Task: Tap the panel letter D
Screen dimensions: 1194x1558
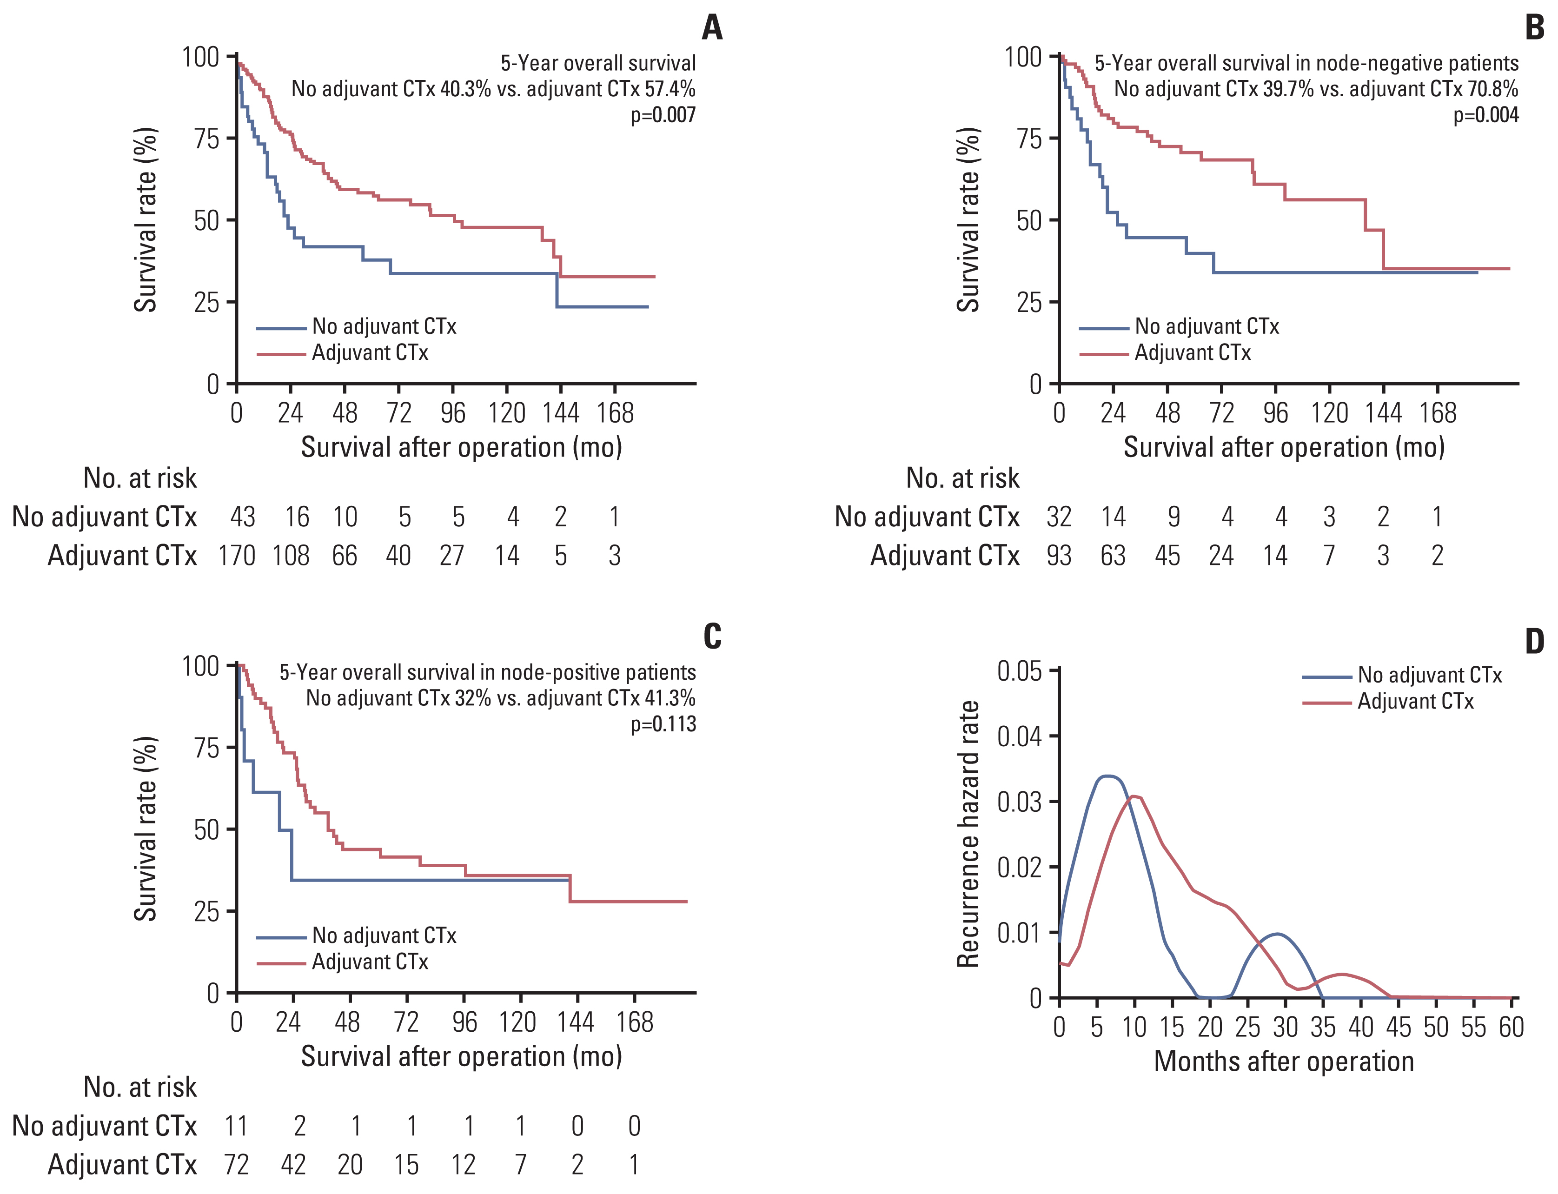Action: [x=1535, y=642]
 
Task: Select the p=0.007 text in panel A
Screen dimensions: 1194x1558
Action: [x=663, y=114]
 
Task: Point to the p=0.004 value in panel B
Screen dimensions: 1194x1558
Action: [x=1485, y=114]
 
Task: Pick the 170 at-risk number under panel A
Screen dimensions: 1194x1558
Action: [x=237, y=555]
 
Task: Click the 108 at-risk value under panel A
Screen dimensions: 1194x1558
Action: [x=291, y=555]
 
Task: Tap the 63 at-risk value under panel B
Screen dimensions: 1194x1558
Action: [x=1113, y=555]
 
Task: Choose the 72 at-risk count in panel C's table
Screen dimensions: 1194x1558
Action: [x=237, y=1164]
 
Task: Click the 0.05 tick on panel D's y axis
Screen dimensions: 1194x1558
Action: [x=1019, y=671]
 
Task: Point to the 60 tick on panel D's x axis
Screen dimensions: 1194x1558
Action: [x=1511, y=1027]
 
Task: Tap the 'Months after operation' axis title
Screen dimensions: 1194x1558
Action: [x=1284, y=1061]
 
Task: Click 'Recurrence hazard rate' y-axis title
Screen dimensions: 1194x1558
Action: [x=968, y=834]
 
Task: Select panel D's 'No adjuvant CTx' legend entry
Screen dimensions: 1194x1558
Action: [x=1429, y=675]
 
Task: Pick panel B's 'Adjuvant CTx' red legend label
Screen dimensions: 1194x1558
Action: [x=1192, y=352]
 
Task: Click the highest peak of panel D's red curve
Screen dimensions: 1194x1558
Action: [x=1135, y=796]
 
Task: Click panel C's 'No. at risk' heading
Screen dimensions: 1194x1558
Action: [x=140, y=1087]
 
